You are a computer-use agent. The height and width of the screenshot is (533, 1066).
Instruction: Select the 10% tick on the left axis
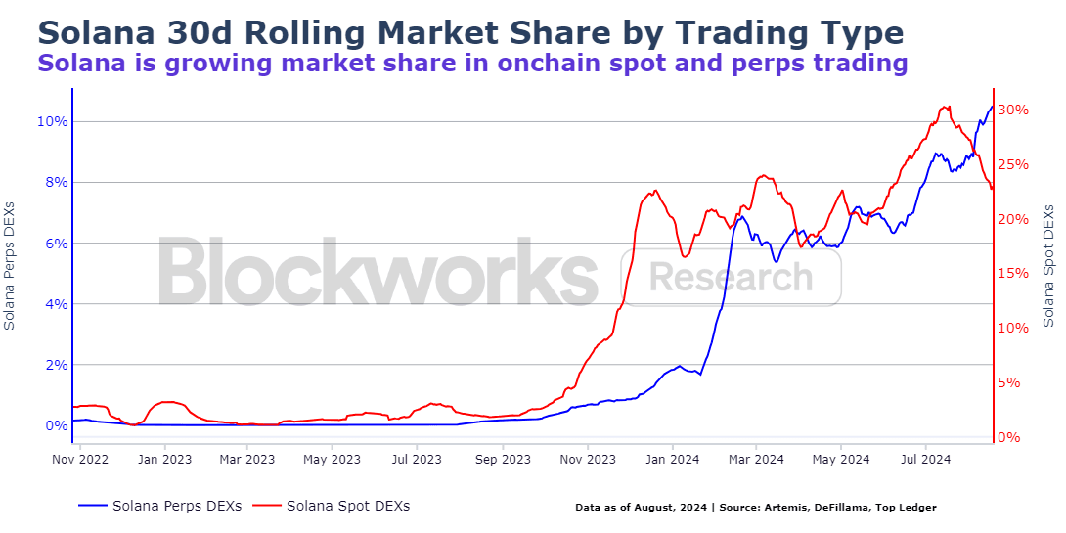pos(52,121)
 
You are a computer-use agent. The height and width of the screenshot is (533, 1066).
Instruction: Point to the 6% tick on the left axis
pos(56,244)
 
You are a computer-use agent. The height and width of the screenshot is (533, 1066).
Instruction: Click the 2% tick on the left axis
pos(56,365)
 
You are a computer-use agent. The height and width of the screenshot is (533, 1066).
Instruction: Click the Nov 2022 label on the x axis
pos(80,459)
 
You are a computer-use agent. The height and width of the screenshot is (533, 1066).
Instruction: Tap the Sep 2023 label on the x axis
pos(503,459)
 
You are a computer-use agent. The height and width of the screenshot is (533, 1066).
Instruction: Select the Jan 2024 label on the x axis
pos(672,459)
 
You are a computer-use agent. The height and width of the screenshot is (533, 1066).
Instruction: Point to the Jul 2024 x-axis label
pos(925,459)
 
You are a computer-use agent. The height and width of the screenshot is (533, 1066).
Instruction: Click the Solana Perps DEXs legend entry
pos(159,506)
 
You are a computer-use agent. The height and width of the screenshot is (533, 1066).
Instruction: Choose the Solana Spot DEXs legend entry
pos(332,506)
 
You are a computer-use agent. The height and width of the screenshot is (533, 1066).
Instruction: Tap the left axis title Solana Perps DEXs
pos(10,266)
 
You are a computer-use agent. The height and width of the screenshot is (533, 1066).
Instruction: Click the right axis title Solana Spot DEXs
pos(1049,266)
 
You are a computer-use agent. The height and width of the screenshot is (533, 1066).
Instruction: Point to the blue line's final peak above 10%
pos(992,106)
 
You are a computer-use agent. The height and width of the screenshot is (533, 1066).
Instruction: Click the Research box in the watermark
pos(731,278)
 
